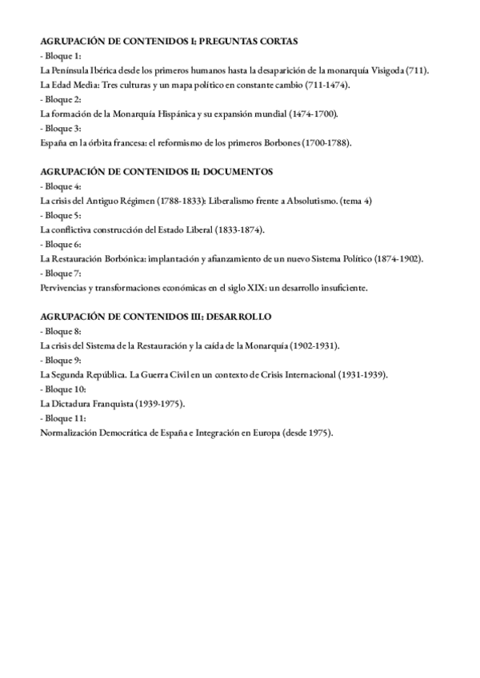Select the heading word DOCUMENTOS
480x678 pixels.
(238, 172)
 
